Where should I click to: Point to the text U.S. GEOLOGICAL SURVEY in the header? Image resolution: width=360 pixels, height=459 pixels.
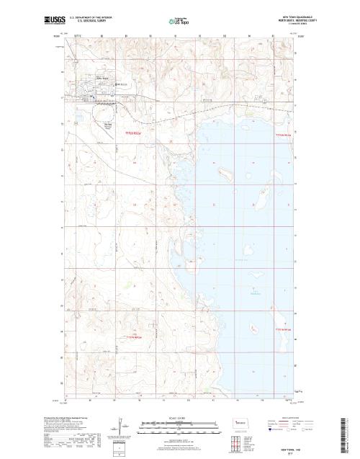[x=87, y=22]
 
